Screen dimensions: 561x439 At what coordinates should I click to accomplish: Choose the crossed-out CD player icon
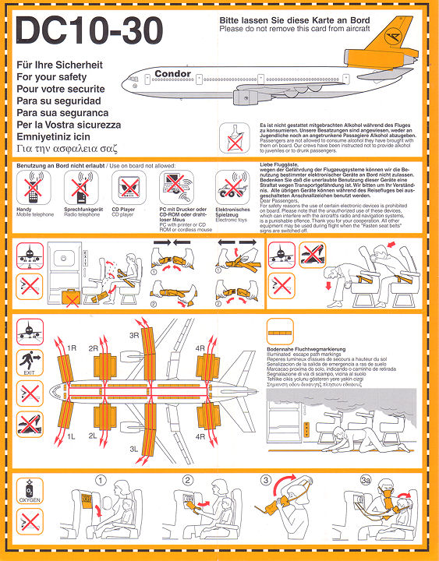tap(126, 188)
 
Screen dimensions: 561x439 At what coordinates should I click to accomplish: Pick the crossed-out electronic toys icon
tap(231, 188)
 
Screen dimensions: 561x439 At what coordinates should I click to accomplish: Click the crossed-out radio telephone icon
tap(78, 188)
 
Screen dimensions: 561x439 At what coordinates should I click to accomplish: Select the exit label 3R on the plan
tap(134, 337)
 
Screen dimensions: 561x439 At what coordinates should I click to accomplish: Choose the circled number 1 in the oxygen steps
tap(101, 481)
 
